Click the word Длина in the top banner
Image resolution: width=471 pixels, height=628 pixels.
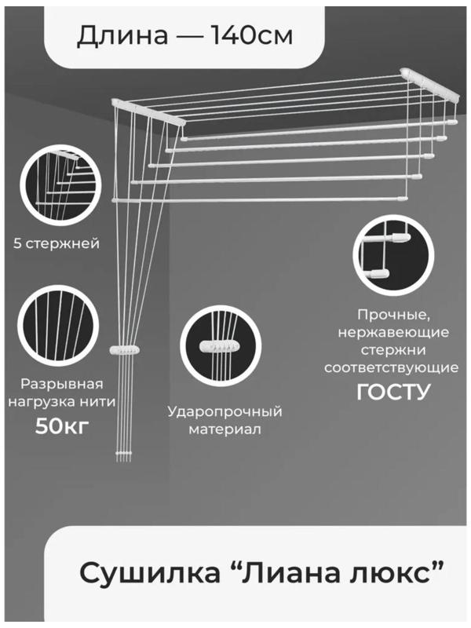[x=122, y=35]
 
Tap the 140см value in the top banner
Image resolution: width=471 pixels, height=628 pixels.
[x=251, y=35]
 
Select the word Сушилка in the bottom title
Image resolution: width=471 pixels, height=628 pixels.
[x=150, y=573]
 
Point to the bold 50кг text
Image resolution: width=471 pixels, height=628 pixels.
[x=62, y=426]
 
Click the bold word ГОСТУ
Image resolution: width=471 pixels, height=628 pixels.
[x=393, y=392]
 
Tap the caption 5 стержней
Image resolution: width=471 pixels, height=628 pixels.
[x=57, y=243]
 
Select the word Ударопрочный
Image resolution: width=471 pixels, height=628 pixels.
[x=225, y=411]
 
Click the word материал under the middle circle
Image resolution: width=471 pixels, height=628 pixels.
[x=225, y=429]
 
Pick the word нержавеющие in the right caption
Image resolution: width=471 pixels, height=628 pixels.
[x=393, y=332]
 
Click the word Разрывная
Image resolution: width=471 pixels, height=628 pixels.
[x=62, y=384]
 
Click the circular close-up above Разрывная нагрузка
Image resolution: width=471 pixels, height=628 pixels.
[x=58, y=326]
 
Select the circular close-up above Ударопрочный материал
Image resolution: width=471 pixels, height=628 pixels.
[x=221, y=346]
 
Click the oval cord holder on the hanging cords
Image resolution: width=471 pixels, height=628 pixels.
[x=125, y=349]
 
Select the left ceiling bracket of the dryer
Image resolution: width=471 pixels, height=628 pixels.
[x=148, y=114]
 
